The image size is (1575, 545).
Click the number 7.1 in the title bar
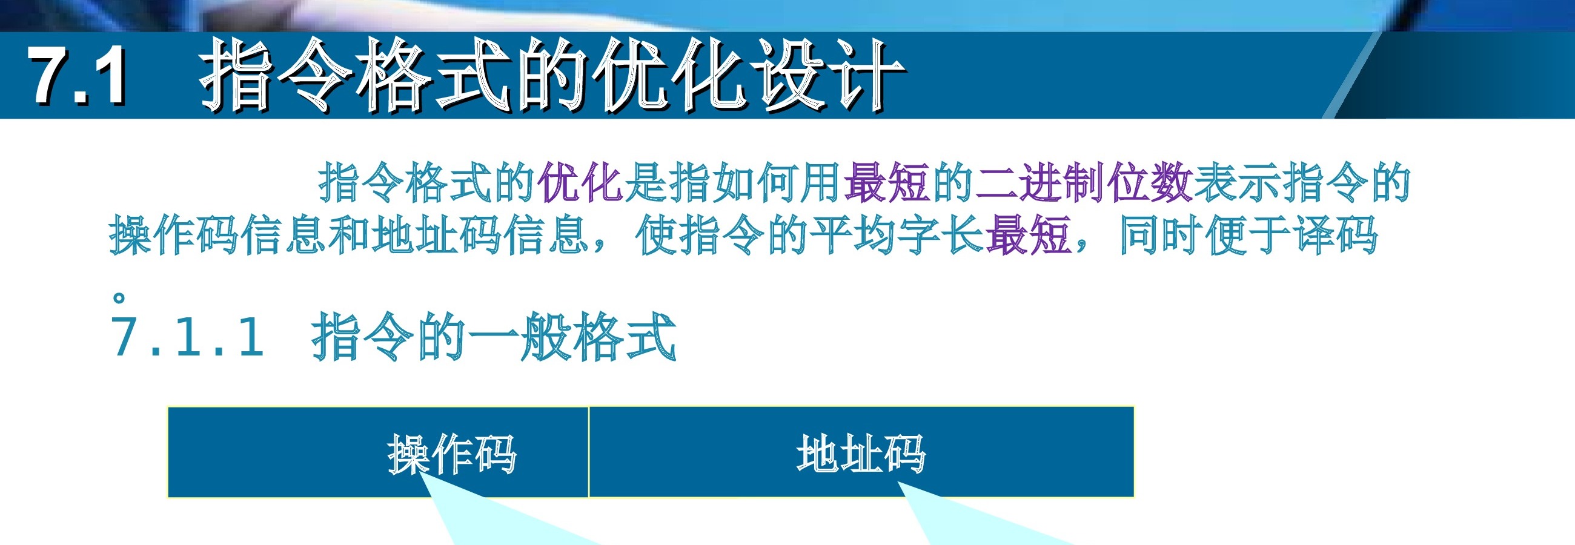coord(78,76)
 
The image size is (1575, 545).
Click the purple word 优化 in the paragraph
coord(580,182)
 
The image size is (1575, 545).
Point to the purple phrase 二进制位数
coord(1084,182)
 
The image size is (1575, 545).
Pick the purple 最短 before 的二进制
coord(887,182)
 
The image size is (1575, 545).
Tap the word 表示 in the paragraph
coord(1237,182)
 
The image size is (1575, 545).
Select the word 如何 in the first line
coord(755,182)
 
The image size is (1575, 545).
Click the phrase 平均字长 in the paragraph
coord(898,234)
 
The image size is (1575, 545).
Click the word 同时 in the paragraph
coord(1161,234)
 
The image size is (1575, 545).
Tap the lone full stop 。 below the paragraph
coord(119,298)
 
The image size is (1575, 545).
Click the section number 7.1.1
coord(188,337)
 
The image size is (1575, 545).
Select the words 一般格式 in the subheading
coord(571,337)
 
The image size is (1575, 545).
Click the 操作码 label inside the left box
coord(453,454)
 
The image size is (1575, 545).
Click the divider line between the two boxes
coord(589,452)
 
